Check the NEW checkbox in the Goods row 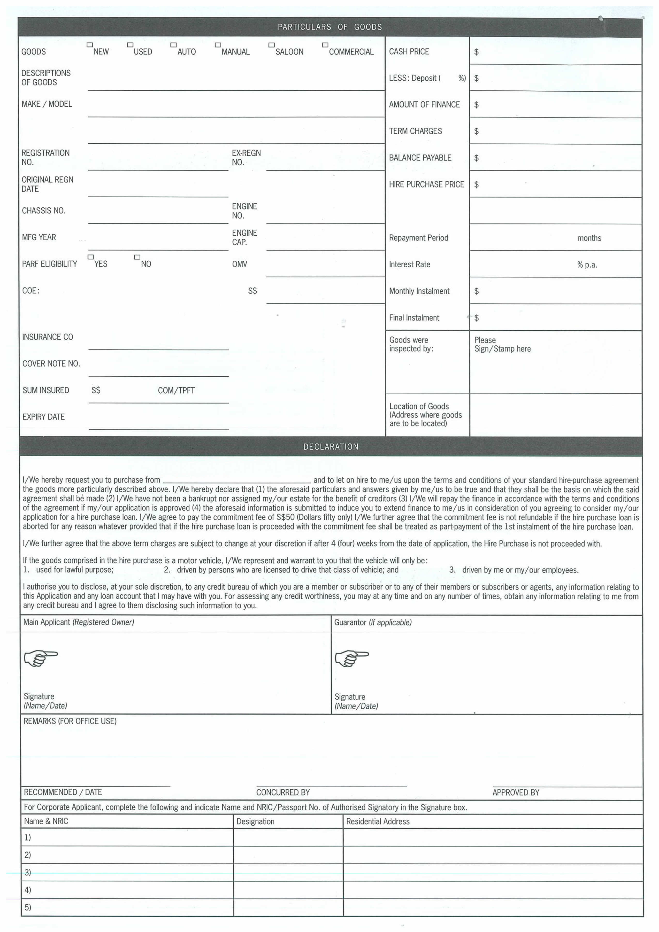(90, 45)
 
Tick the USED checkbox (130, 45)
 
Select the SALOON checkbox (272, 45)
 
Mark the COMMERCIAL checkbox (325, 45)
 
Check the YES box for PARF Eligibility (90, 257)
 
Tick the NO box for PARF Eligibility (137, 257)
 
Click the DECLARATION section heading (331, 447)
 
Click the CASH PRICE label (409, 52)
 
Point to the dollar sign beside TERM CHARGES (476, 131)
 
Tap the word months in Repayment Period (589, 238)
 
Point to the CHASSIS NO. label (43, 211)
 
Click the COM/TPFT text (176, 391)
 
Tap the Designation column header (255, 822)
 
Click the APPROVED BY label (516, 792)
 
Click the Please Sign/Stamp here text (502, 344)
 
